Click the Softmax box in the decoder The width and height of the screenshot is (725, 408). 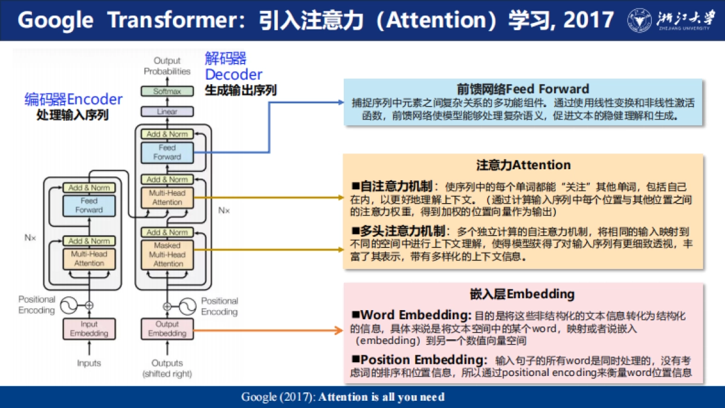167,91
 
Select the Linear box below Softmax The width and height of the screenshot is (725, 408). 167,112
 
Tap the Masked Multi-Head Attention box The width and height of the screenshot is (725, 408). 167,254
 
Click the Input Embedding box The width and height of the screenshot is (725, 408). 89,329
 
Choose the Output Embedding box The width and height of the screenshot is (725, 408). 167,329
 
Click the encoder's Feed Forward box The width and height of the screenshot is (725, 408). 89,206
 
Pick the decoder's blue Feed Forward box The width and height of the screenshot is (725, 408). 167,152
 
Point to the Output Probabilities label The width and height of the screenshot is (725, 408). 167,66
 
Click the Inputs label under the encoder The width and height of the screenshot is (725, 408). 89,363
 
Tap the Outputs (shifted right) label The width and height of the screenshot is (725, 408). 167,368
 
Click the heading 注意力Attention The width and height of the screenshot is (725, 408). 523,165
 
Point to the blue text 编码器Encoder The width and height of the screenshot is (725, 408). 73,99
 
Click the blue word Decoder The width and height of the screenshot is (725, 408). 233,74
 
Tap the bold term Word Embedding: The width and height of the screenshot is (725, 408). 416,316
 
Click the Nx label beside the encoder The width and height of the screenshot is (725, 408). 30,238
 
